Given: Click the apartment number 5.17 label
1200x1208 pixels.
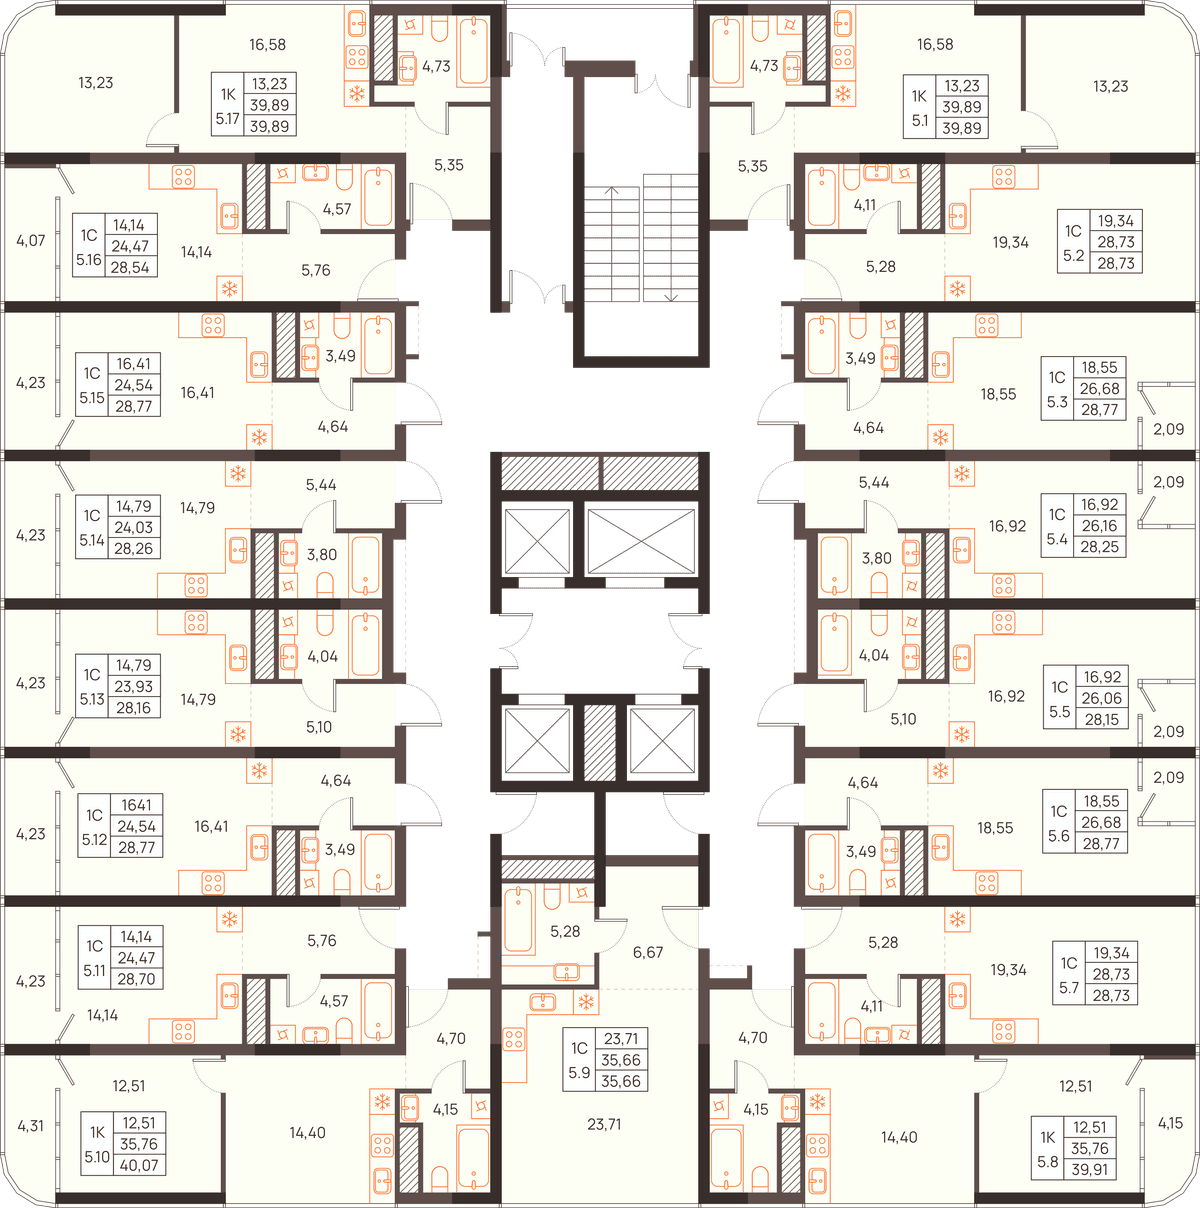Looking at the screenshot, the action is tap(227, 118).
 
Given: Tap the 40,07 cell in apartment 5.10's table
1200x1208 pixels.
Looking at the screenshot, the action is tap(139, 1165).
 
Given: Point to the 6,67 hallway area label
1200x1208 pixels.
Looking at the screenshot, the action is tap(648, 952).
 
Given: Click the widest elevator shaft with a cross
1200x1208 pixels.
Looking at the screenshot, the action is tap(641, 542).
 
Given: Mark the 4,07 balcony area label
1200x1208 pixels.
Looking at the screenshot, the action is tap(30, 240).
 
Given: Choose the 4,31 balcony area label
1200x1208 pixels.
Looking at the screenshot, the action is tap(30, 1125).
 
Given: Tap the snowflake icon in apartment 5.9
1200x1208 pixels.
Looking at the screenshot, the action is tap(586, 1002).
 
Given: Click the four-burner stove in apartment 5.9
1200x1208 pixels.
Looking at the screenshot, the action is tap(513, 1039).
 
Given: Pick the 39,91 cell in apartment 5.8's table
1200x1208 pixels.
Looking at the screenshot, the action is tap(1090, 1170).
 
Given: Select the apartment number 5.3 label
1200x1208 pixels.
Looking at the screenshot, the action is tap(1057, 401).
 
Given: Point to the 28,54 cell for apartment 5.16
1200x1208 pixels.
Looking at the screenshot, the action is tap(130, 268).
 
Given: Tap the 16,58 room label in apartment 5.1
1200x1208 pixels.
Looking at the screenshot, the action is tap(935, 45).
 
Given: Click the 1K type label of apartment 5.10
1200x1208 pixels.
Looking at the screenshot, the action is tap(97, 1132).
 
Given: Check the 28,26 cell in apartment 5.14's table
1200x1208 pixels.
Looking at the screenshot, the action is tap(134, 549).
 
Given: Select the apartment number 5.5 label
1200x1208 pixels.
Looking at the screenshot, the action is tap(1060, 712).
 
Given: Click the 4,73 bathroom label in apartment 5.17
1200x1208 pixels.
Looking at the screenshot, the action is tap(436, 66).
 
